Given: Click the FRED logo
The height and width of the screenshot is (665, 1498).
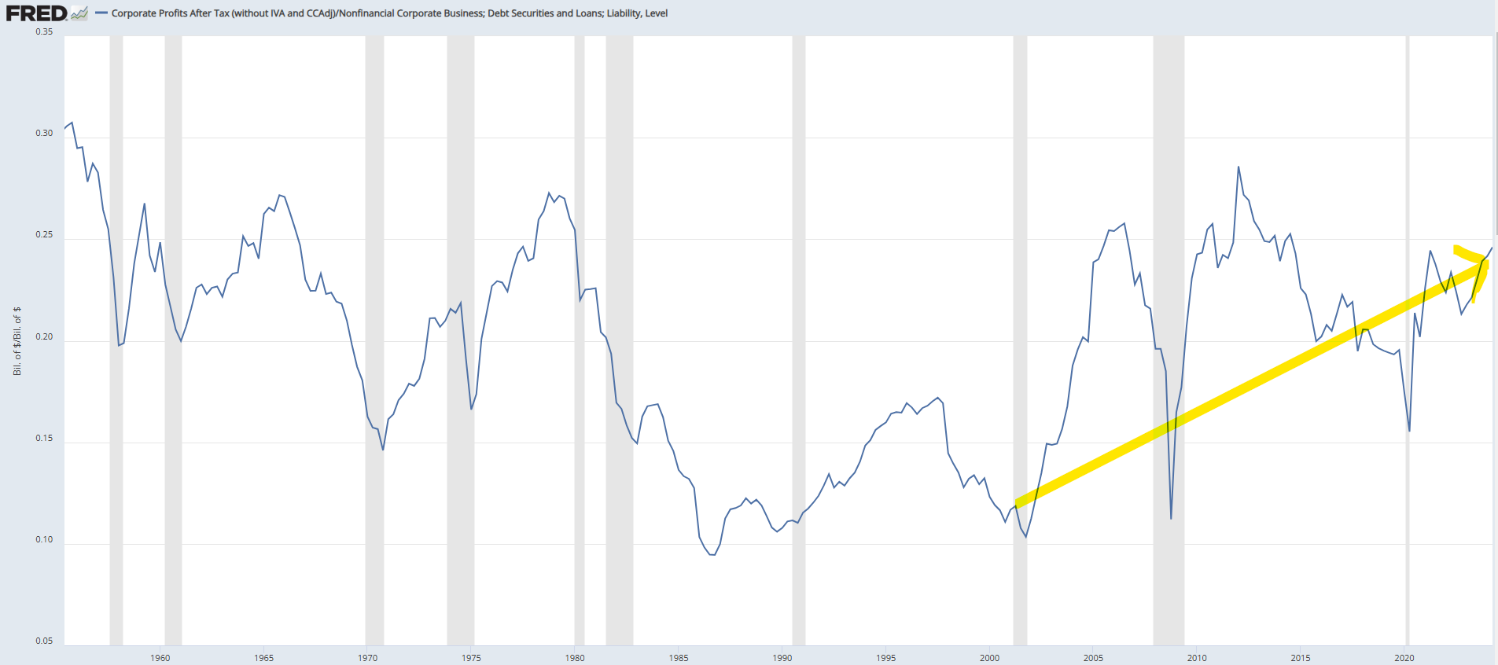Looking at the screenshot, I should coord(36,13).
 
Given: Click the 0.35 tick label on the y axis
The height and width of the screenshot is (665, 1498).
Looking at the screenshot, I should coord(44,31).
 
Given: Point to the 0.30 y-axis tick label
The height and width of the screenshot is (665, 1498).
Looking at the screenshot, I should coord(44,133).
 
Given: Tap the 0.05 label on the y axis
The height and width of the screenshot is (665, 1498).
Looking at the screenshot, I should coord(44,641).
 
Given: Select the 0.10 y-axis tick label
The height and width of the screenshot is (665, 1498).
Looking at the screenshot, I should coord(44,539).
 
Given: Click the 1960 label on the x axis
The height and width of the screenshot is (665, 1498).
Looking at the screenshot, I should coord(160,658).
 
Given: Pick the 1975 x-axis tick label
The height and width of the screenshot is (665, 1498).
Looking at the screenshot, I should coord(471,658).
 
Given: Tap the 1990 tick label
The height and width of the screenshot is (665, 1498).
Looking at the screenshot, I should coord(782,658).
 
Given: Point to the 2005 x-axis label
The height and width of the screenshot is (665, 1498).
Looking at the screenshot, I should coord(1093,658).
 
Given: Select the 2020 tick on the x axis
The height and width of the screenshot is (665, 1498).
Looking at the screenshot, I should coord(1404,658).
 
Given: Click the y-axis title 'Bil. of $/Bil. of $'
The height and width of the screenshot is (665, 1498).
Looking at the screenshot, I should coord(17,341).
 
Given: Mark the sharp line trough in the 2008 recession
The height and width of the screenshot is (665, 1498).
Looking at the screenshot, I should coord(1171,518).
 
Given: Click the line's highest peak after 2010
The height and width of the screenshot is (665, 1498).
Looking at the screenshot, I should coord(1239,167).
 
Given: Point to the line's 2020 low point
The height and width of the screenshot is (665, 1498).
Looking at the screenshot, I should coord(1409,431).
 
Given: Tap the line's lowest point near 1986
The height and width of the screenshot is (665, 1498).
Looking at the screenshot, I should coord(712,555).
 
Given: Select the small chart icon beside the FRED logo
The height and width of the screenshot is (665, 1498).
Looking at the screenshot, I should coord(79,13).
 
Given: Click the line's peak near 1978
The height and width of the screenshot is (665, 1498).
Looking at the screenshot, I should coord(549,193).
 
